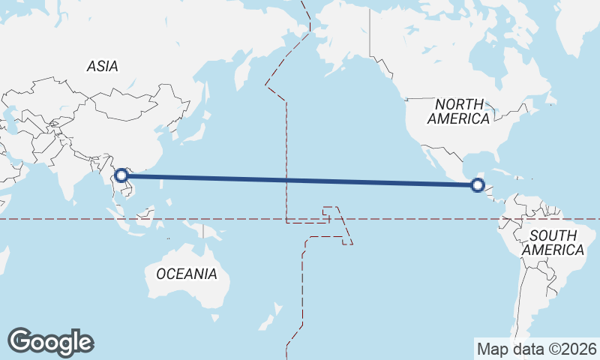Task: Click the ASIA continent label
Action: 102,66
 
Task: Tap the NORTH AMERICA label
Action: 459,111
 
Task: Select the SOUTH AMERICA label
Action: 553,242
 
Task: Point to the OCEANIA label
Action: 187,274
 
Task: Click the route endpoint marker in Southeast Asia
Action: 121,176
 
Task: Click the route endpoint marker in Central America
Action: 478,184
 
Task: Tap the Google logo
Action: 50,342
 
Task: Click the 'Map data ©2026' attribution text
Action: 537,349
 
